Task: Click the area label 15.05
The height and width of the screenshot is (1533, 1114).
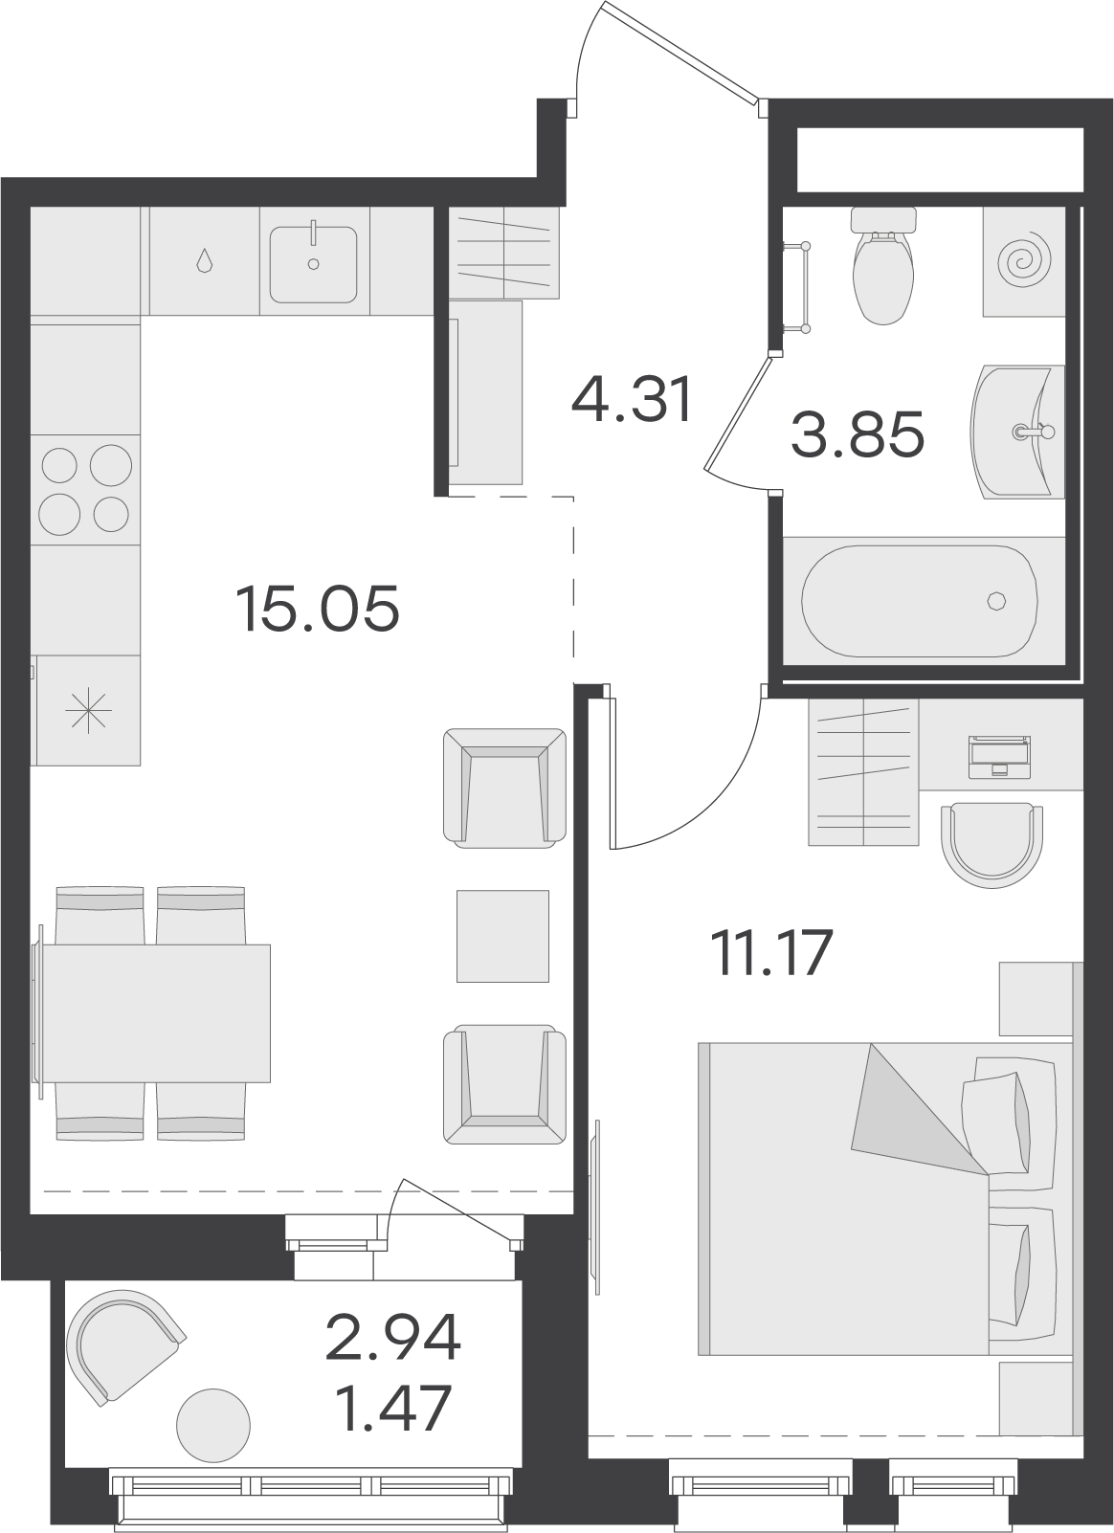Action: pos(317,610)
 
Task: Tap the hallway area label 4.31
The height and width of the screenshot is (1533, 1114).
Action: pos(633,400)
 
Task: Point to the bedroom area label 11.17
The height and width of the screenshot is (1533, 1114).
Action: pos(771,953)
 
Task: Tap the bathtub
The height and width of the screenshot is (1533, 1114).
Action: pos(919,600)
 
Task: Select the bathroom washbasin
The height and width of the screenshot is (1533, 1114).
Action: pos(1017,432)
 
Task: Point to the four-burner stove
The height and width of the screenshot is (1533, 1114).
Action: pos(85,489)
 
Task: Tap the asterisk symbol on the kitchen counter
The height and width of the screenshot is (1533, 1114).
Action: pos(88,710)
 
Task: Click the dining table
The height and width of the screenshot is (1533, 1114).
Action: pos(155,1013)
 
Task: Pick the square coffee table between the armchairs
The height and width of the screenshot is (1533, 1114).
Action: pos(503,936)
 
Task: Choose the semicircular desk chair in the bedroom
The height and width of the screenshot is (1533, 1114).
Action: pos(991,846)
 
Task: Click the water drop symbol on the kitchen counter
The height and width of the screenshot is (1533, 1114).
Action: pos(204,261)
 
